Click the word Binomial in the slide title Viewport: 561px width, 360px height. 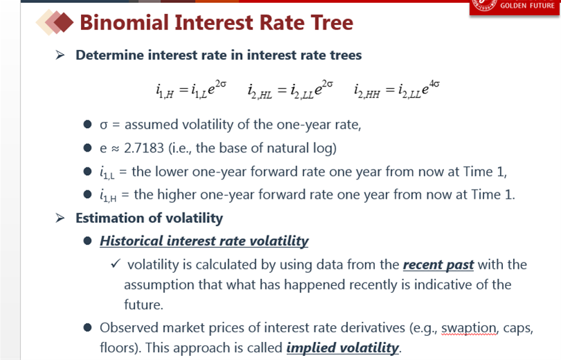[124, 23]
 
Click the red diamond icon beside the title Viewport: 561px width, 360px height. [64, 22]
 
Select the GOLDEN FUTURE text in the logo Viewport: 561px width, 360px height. [527, 6]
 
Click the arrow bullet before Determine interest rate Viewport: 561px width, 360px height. [60, 55]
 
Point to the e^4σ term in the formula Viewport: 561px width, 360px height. [430, 87]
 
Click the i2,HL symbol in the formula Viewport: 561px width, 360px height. [260, 91]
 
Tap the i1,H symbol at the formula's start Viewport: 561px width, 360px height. [165, 91]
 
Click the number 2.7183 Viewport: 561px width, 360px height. [144, 148]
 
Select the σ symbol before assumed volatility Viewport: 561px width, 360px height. [104, 125]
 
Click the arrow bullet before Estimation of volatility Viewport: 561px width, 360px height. [60, 218]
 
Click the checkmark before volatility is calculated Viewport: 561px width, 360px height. [116, 264]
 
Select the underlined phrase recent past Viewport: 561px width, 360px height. [439, 264]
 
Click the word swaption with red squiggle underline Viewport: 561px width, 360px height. [469, 327]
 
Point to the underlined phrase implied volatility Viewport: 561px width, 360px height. [342, 348]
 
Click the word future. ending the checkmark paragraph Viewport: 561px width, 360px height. [143, 305]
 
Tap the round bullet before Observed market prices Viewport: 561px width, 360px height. [87, 327]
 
